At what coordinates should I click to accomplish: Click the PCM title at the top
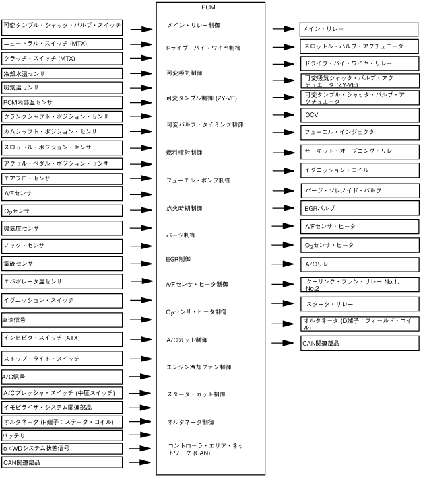pyautogui.click(x=207, y=7)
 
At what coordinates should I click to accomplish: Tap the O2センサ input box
pyautogui.click(x=61, y=211)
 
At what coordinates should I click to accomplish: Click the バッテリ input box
pyautogui.click(x=61, y=435)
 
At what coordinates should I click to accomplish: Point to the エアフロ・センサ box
pyautogui.click(x=61, y=178)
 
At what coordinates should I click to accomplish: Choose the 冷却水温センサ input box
pyautogui.click(x=61, y=73)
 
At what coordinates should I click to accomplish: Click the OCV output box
pyautogui.click(x=360, y=115)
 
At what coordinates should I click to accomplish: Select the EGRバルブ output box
pyautogui.click(x=360, y=208)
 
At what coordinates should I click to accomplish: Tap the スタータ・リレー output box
pyautogui.click(x=360, y=305)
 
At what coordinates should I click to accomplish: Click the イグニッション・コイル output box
pyautogui.click(x=360, y=170)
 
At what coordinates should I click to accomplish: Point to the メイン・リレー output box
pyautogui.click(x=360, y=30)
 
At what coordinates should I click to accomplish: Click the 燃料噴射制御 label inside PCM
pyautogui.click(x=185, y=153)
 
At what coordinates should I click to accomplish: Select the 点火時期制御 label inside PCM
pyautogui.click(x=185, y=209)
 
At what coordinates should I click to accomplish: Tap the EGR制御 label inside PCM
pyautogui.click(x=178, y=258)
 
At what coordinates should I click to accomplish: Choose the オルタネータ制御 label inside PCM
pyautogui.click(x=190, y=422)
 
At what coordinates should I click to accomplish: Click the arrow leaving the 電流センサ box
pyautogui.click(x=141, y=264)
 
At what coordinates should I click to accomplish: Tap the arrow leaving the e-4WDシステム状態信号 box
pyautogui.click(x=141, y=448)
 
